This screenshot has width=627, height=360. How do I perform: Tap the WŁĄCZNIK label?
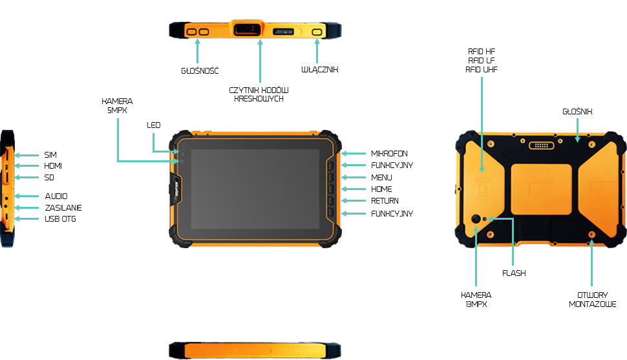(x=320, y=70)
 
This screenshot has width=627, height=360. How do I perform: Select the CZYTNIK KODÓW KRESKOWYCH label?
(x=259, y=94)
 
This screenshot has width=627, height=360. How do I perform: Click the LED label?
(x=153, y=125)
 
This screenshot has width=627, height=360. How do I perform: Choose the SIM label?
(x=50, y=155)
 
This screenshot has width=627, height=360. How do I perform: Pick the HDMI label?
(x=53, y=166)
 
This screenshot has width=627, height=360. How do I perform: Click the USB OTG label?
(x=59, y=219)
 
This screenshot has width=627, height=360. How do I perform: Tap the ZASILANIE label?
(x=63, y=207)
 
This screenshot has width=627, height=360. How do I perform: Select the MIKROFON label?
(x=389, y=154)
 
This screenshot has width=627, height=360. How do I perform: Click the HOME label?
(x=381, y=189)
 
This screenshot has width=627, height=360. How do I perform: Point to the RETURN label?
(x=385, y=201)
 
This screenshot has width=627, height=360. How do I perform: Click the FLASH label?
(x=514, y=273)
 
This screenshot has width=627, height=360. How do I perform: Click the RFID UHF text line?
(x=482, y=69)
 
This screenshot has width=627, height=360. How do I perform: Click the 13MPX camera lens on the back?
(x=477, y=220)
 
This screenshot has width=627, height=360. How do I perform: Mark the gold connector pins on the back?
(x=542, y=145)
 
